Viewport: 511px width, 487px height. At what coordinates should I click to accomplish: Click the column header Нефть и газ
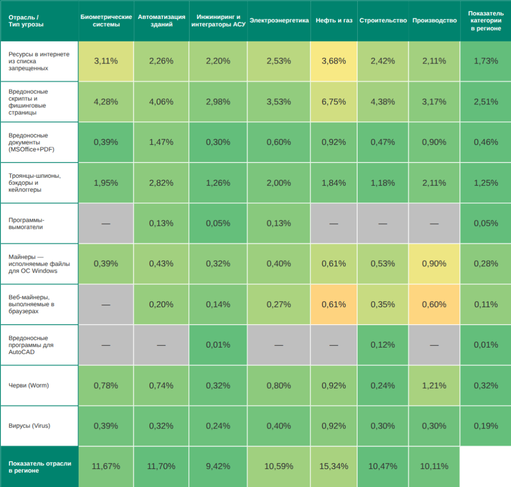click(334, 20)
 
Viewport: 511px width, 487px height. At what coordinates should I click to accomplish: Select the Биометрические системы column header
click(106, 20)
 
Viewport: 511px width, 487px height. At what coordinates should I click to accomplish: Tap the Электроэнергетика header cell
click(279, 20)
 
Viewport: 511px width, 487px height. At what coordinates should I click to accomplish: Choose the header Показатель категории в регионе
click(486, 20)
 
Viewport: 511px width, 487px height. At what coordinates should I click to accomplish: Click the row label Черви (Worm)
click(29, 385)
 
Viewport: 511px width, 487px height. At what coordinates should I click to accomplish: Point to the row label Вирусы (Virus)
click(29, 426)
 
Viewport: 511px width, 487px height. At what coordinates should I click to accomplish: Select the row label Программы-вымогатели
click(27, 223)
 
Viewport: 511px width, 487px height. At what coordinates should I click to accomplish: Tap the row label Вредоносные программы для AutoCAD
click(31, 345)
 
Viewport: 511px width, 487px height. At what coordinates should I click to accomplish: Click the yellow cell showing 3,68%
click(334, 61)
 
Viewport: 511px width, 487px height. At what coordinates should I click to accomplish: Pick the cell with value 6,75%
click(334, 101)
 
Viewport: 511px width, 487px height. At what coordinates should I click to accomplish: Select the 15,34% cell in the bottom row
click(334, 466)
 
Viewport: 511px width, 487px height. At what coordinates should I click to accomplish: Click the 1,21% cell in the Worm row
click(434, 385)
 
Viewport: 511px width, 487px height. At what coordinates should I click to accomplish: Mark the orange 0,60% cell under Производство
click(434, 304)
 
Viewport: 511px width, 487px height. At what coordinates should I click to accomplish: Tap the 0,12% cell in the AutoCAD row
click(383, 345)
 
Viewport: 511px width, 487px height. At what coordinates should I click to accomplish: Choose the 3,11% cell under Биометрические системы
click(106, 61)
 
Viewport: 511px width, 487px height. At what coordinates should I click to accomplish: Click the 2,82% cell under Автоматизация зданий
click(161, 183)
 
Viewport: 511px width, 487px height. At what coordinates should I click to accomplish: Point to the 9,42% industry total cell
click(218, 466)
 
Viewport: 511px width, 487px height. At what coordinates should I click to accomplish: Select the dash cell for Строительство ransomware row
click(383, 223)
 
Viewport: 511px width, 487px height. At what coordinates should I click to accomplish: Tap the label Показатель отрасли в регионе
click(39, 467)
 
